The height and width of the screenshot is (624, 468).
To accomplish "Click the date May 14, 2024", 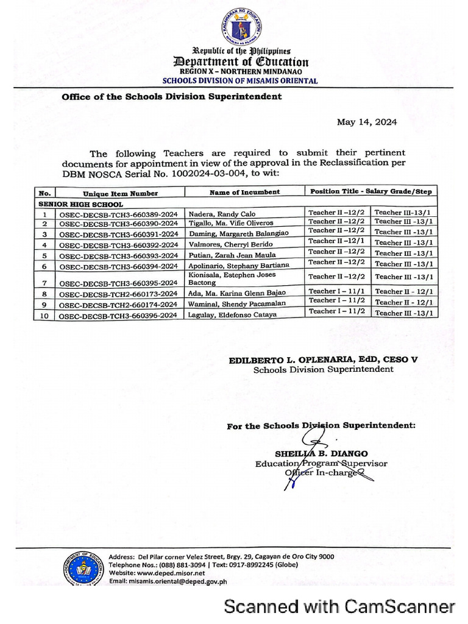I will tap(367, 122).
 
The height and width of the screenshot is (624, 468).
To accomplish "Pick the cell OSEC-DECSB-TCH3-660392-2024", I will tap(118, 245).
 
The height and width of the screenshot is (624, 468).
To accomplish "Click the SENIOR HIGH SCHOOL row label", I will tap(80, 204).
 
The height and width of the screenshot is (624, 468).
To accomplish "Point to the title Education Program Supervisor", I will tap(321, 464).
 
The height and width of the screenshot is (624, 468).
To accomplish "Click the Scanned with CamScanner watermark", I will tap(339, 606).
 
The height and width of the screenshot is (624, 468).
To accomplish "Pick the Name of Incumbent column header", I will tap(244, 192).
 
